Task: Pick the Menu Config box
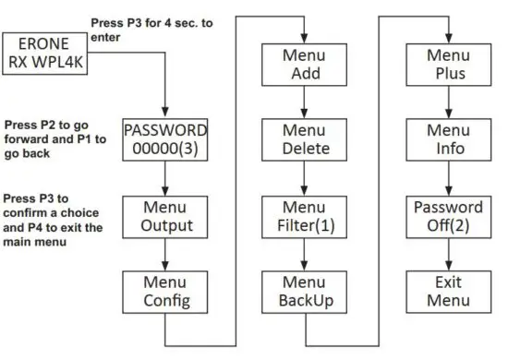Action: click(164, 291)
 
